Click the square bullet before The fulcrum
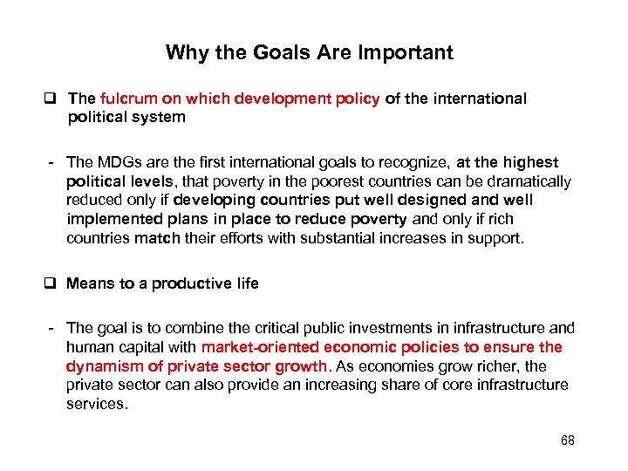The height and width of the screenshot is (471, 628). tap(55, 99)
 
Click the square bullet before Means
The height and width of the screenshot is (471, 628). tap(55, 283)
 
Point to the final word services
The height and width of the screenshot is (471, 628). tap(96, 404)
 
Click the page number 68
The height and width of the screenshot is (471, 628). tap(568, 440)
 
